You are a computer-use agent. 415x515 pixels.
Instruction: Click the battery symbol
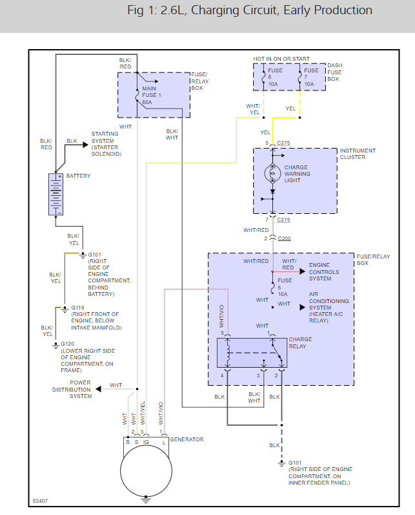pyautogui.click(x=56, y=194)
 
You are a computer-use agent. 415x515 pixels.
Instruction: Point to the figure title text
pyautogui.click(x=250, y=10)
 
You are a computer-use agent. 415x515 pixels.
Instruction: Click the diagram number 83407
pyautogui.click(x=41, y=501)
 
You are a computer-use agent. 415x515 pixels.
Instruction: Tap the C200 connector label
pyautogui.click(x=284, y=238)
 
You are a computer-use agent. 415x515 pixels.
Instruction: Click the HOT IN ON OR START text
pyautogui.click(x=281, y=59)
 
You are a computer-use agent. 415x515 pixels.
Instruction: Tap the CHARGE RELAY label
pyautogui.click(x=300, y=342)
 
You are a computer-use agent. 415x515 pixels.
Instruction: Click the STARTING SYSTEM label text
pyautogui.click(x=106, y=144)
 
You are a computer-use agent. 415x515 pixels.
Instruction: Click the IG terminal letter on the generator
pyautogui.click(x=146, y=442)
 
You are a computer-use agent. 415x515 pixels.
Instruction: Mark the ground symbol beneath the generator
pyautogui.click(x=147, y=499)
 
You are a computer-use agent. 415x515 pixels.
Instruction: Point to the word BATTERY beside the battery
pyautogui.click(x=78, y=176)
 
